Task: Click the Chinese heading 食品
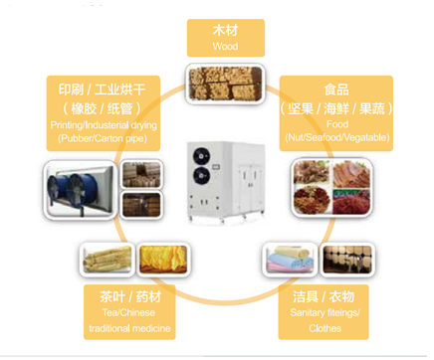[335, 89]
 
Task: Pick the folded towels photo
[290, 260]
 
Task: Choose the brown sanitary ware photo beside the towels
[345, 260]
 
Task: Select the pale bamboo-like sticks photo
[105, 260]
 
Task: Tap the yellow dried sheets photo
[160, 260]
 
